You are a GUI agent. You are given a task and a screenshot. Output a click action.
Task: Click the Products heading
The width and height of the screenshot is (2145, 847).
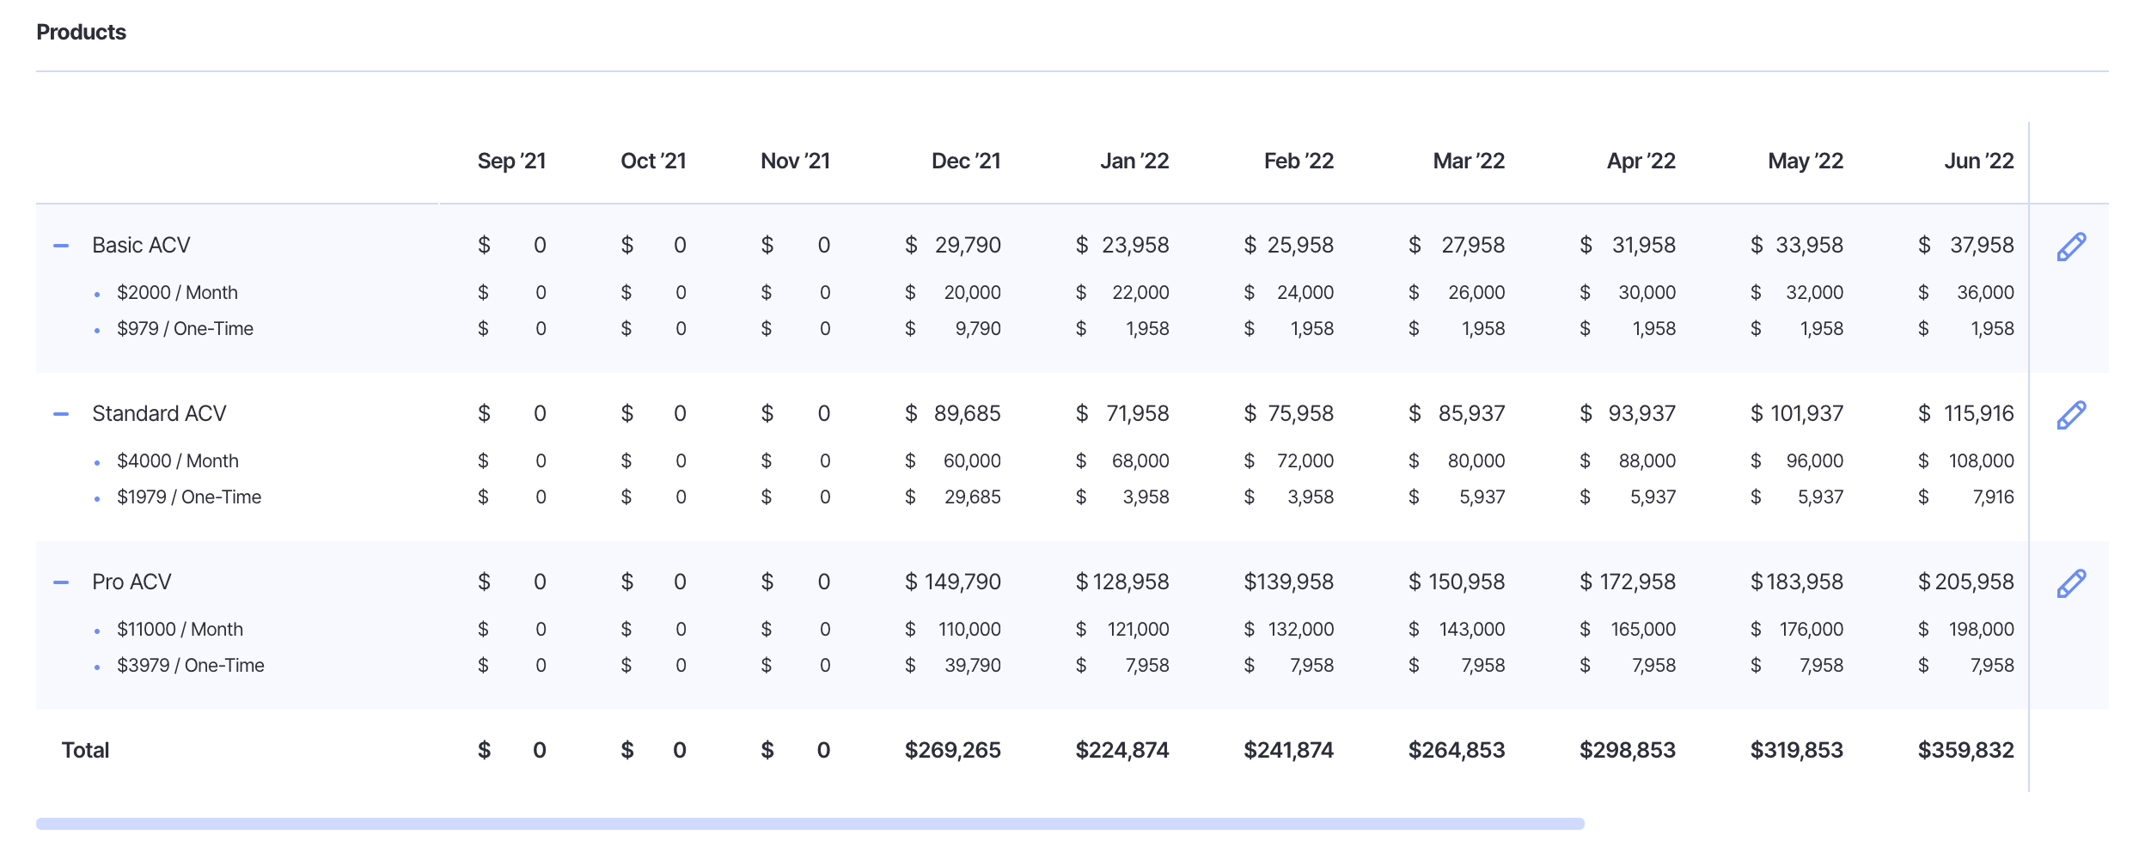81,33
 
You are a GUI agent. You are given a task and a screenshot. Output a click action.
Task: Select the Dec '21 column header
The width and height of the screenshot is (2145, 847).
966,161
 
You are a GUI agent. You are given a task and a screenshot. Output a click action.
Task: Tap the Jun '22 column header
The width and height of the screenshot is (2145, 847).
1978,161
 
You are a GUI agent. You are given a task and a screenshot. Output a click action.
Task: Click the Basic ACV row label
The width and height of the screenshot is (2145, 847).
141,246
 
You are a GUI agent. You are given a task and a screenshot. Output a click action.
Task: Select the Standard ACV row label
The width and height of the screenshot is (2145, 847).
159,414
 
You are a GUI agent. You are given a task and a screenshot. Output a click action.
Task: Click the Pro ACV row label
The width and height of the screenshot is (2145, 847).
131,582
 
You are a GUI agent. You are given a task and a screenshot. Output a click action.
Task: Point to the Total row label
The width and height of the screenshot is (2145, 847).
85,751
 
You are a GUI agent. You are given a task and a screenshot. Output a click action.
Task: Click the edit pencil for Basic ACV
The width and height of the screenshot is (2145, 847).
2071,247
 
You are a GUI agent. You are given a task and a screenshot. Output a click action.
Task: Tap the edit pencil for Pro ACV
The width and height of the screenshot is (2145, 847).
2071,583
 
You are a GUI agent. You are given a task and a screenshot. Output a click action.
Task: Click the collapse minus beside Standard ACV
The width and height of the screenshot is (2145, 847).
61,414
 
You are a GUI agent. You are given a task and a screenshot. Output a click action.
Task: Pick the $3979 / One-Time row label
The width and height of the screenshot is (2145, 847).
191,666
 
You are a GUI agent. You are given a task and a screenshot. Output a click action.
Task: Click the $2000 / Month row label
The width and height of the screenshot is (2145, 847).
177,293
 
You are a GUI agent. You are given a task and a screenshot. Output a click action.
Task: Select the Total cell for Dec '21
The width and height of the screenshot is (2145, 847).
952,751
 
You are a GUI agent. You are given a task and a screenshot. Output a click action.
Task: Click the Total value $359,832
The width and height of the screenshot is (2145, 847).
1965,751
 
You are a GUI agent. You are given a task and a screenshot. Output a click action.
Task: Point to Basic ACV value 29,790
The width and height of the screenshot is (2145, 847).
968,246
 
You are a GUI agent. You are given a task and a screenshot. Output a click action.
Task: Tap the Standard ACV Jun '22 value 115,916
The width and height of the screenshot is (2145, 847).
1978,414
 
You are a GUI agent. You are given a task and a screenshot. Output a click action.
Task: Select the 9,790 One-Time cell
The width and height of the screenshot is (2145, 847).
978,329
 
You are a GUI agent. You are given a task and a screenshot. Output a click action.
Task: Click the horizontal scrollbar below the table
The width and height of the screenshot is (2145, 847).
810,824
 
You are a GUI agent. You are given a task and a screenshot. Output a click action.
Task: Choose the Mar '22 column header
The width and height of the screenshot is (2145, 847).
1469,161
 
